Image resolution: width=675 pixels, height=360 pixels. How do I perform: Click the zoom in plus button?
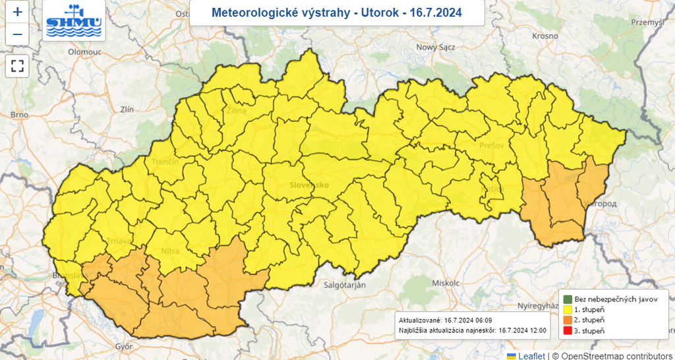pos(17,12)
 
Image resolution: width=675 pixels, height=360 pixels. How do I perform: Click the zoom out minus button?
pos(17,34)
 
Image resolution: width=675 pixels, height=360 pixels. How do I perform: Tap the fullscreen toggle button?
pos(17,66)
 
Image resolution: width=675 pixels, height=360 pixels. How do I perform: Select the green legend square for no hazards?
pos(566,299)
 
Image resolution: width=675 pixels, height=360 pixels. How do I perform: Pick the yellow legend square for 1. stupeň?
pos(566,309)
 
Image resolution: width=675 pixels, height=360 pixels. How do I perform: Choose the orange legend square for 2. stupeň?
pos(566,320)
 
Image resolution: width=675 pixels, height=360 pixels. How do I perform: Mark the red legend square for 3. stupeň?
pos(566,330)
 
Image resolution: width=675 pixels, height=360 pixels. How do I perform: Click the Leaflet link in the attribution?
pos(531,355)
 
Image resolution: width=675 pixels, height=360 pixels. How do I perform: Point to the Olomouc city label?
pos(82,51)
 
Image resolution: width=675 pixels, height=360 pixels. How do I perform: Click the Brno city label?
pos(19,115)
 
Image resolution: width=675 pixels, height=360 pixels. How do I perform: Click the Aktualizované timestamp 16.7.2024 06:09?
pos(473,319)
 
